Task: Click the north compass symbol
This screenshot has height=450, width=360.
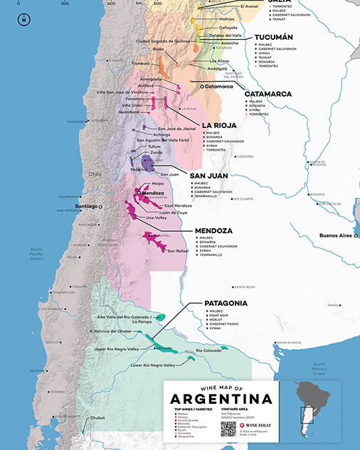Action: (24, 19)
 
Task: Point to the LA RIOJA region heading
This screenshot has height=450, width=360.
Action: (219, 125)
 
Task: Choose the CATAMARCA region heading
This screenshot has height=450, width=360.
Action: (268, 94)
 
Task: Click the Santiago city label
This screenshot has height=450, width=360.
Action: (86, 207)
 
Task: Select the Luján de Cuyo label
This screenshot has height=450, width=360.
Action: (171, 212)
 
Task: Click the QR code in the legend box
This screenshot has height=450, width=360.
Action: (228, 429)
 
